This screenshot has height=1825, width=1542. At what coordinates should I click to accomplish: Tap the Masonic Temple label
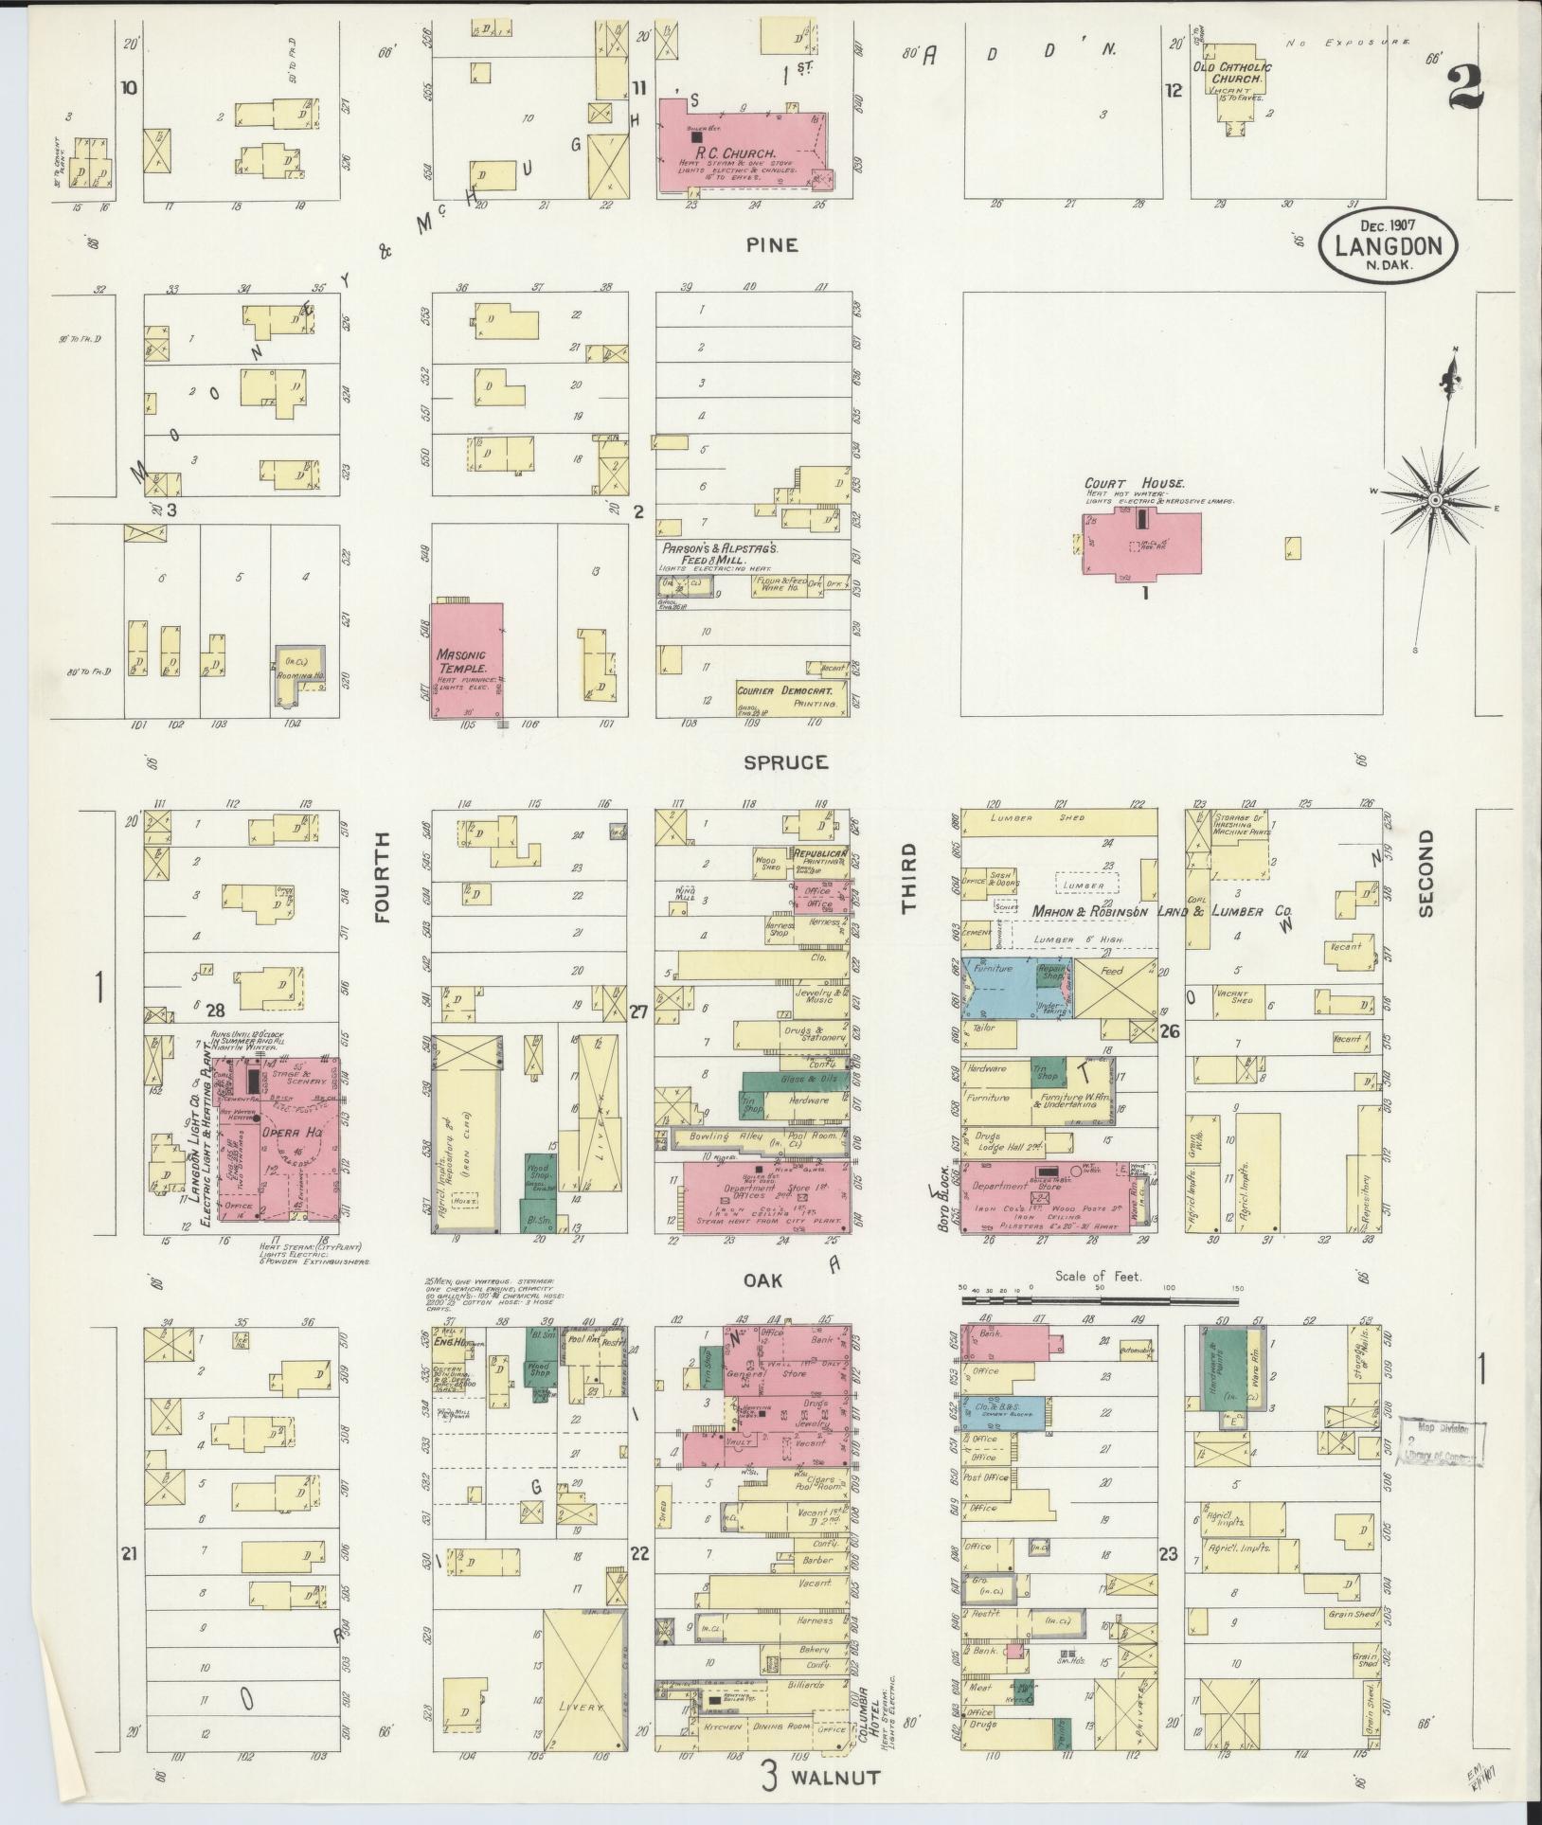coord(461,661)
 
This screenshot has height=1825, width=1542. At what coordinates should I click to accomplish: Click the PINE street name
coord(771,245)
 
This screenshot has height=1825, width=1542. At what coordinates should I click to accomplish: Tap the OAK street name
coord(763,1280)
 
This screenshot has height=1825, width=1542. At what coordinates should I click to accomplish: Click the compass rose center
coord(1436,499)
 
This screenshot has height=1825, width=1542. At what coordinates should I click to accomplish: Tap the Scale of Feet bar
coord(1099,1301)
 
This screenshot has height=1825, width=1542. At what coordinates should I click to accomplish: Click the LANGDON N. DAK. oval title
coord(1389,245)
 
